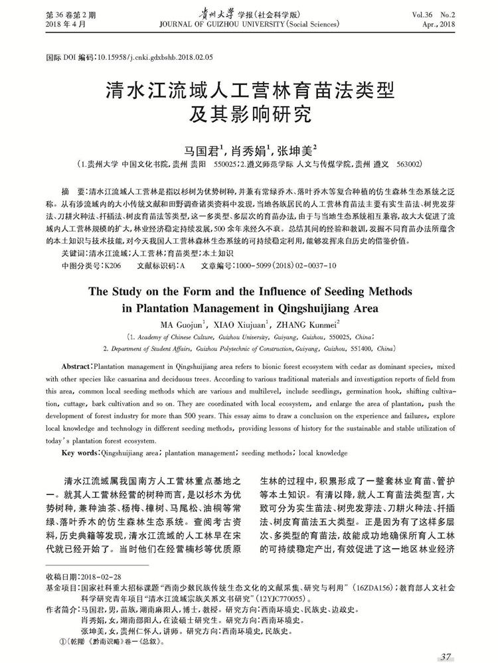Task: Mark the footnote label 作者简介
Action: point(59,610)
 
